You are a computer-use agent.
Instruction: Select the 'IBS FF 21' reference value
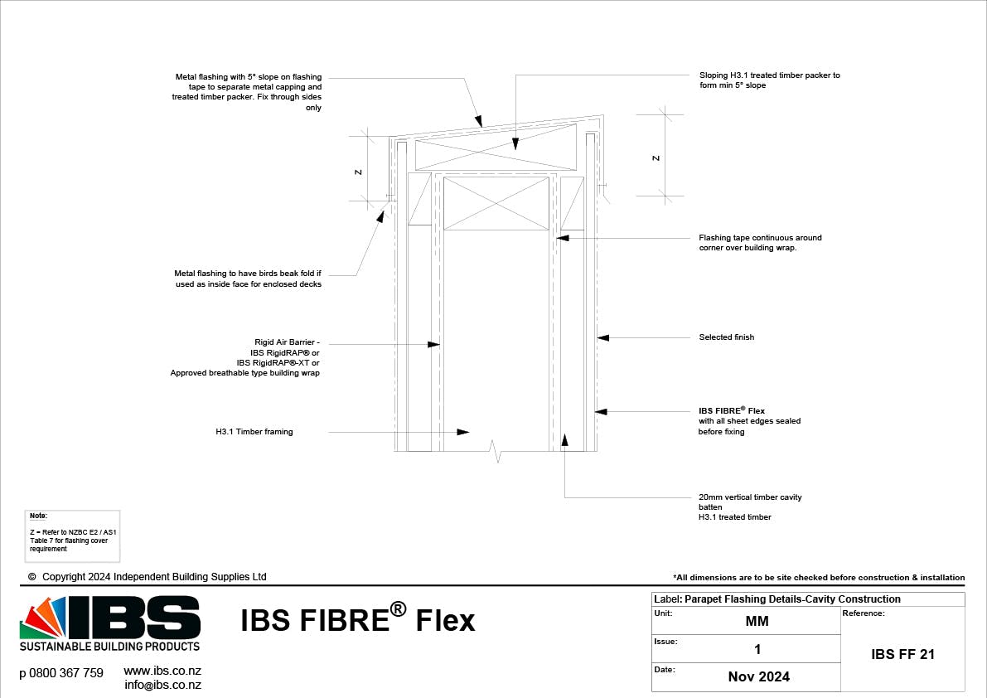[x=902, y=654]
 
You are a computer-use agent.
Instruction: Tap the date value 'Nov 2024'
[x=758, y=676]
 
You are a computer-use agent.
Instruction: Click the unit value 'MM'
[x=757, y=622]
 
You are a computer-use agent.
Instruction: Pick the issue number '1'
[x=757, y=649]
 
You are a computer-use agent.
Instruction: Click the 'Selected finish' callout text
[x=726, y=337]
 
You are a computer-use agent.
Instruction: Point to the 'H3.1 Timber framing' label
[x=254, y=432]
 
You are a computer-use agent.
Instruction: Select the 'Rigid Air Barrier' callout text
[x=245, y=357]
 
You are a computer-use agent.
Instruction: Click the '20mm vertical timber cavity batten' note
[x=749, y=507]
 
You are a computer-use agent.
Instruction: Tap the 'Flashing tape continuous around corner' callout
[x=760, y=242]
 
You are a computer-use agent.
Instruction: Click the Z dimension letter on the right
[x=656, y=158]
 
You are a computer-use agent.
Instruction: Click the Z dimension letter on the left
[x=358, y=172]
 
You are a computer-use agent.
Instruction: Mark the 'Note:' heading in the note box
[x=39, y=516]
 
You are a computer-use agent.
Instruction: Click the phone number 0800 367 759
[x=61, y=673]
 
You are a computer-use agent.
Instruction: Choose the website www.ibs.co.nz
[x=162, y=671]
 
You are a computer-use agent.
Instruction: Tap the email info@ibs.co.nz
[x=162, y=685]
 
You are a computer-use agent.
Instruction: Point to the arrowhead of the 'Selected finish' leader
[x=602, y=337]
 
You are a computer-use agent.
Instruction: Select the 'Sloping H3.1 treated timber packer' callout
[x=769, y=80]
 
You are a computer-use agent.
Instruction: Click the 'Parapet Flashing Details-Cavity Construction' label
[x=792, y=599]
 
